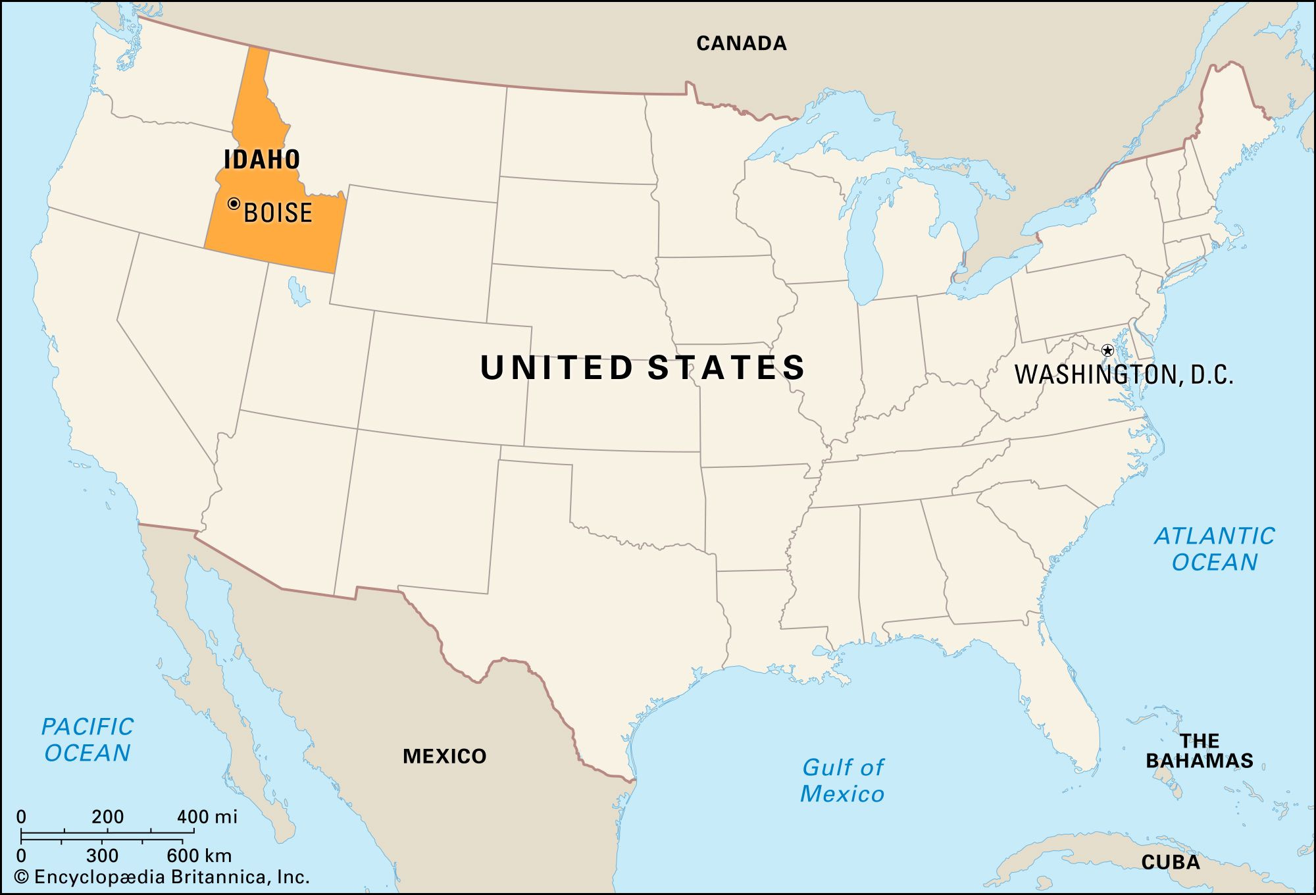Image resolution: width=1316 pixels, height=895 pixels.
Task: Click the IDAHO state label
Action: click(262, 159)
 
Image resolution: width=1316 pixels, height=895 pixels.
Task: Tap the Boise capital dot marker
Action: click(234, 204)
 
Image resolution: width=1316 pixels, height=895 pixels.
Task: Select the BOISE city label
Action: click(278, 213)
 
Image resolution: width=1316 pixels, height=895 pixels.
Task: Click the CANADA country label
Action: click(742, 43)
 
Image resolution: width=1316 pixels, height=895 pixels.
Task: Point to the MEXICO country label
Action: click(444, 756)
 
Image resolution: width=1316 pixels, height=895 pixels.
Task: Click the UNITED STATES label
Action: click(643, 367)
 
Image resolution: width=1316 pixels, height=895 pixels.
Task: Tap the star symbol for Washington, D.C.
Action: click(1107, 350)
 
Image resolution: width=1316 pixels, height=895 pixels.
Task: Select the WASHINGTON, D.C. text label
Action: click(1124, 374)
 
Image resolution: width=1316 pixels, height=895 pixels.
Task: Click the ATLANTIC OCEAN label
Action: click(1215, 549)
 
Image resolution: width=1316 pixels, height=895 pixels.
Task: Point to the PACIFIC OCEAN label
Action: click(88, 740)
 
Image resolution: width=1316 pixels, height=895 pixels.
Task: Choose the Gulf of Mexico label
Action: click(842, 780)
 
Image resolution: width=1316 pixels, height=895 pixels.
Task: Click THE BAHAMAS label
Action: click(1199, 751)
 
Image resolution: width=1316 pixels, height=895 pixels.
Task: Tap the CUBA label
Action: click(1171, 862)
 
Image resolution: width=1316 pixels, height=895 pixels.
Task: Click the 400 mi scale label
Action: click(207, 817)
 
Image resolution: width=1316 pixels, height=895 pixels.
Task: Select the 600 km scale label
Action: click(199, 856)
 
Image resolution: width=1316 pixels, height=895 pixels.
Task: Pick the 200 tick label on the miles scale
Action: click(107, 817)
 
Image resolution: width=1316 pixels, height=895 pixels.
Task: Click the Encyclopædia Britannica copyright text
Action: click(162, 877)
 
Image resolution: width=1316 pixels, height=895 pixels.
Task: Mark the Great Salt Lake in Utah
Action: click(297, 292)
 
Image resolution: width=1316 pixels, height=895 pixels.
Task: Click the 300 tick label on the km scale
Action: click(102, 856)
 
